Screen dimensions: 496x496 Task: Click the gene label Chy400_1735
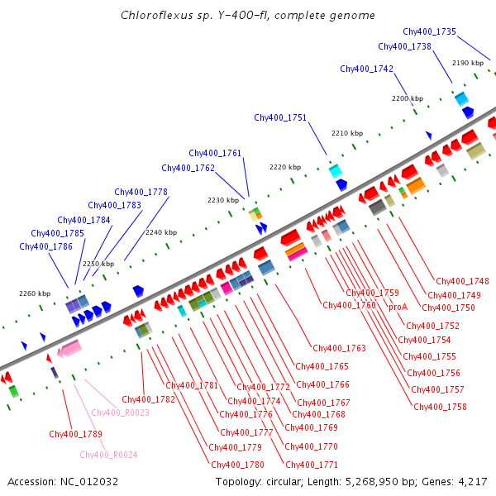click(x=429, y=31)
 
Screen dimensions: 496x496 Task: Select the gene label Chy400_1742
click(x=366, y=69)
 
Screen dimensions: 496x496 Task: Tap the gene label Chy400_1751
click(x=280, y=117)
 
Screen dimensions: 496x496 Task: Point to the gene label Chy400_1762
click(x=188, y=168)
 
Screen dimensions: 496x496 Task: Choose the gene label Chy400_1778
click(x=141, y=192)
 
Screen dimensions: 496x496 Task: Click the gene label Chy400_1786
click(x=45, y=246)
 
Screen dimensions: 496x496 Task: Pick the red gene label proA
click(x=398, y=306)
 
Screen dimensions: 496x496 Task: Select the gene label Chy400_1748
click(x=462, y=281)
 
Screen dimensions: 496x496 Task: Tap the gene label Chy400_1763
click(x=339, y=348)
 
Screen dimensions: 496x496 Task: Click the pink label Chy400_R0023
click(x=120, y=413)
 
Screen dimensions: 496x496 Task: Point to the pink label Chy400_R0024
click(x=108, y=455)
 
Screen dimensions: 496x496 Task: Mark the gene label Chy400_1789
click(x=75, y=434)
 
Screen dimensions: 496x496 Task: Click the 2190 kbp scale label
click(x=467, y=63)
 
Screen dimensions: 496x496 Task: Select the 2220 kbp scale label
click(x=284, y=167)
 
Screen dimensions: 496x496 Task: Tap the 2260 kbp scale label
click(x=35, y=293)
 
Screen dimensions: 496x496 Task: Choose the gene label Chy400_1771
click(x=311, y=465)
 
